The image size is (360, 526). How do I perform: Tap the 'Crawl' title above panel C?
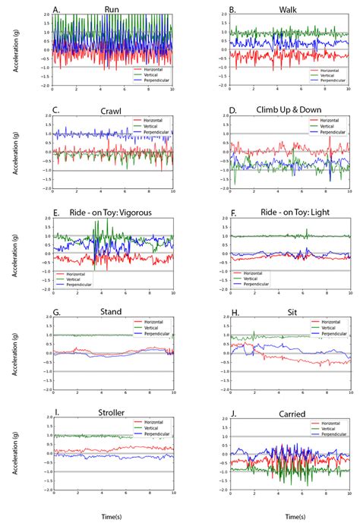pos(112,111)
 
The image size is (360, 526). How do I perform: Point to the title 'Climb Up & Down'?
pos(290,111)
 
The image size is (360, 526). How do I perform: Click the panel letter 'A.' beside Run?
pos(57,11)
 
